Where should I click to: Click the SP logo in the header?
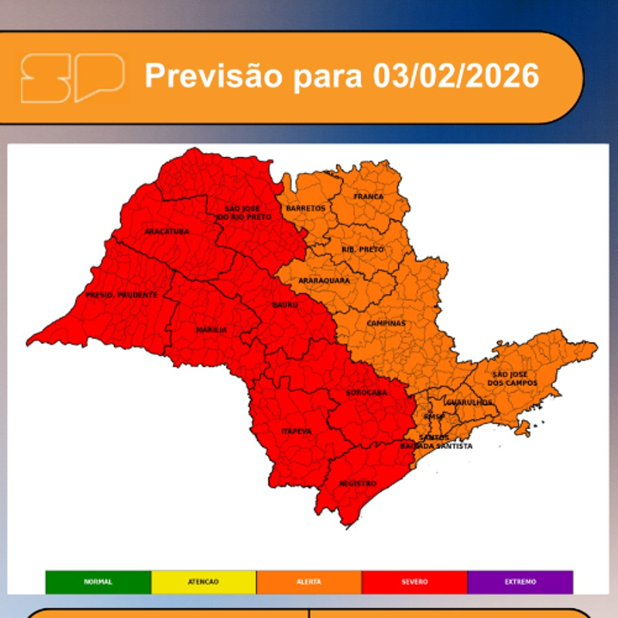pos(72,78)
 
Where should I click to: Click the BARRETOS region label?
pos(305,208)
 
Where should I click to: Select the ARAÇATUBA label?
pos(167,231)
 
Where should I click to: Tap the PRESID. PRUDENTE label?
pos(121,295)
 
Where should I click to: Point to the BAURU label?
pos(285,305)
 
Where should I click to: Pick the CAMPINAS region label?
pos(386,323)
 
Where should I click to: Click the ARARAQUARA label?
pos(324,281)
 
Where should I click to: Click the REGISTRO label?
pos(358,483)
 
